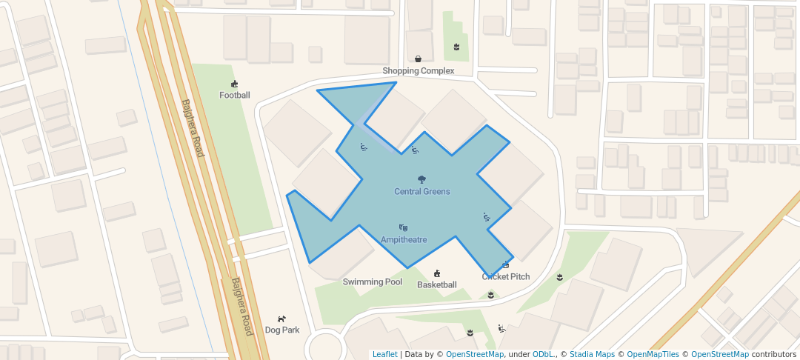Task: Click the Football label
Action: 235,95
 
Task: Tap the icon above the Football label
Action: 235,84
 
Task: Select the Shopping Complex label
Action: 418,71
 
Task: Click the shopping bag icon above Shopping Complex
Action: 419,59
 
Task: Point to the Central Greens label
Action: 421,191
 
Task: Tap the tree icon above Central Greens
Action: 421,179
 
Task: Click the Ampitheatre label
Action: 404,239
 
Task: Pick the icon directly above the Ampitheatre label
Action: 404,227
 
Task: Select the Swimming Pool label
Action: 372,281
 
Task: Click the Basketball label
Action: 436,284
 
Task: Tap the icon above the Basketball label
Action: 437,273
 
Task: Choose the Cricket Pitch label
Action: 506,276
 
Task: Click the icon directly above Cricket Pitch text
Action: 506,264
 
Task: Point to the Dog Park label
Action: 282,330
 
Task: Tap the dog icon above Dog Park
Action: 281,319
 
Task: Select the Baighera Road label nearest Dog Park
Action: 242,307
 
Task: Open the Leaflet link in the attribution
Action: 384,354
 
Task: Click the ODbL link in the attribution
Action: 542,354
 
